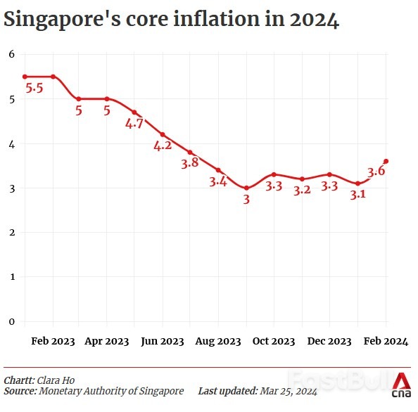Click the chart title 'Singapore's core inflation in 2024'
pyautogui.click(x=172, y=20)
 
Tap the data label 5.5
pyautogui.click(x=34, y=89)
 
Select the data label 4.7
pyautogui.click(x=134, y=124)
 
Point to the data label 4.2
pyautogui.click(x=163, y=146)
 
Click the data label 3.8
pyautogui.click(x=190, y=164)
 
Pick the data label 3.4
pyautogui.click(x=218, y=182)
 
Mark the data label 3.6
pyautogui.click(x=376, y=171)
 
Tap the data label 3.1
pyautogui.click(x=357, y=195)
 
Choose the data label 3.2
pyautogui.click(x=302, y=190)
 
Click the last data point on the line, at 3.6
pyautogui.click(x=386, y=161)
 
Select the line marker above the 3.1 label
pyautogui.click(x=357, y=184)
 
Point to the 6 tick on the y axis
pyautogui.click(x=11, y=54)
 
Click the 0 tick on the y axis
pyautogui.click(x=11, y=321)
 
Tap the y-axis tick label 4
pyautogui.click(x=11, y=143)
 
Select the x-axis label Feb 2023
pyautogui.click(x=53, y=341)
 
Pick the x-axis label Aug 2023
pyautogui.click(x=218, y=341)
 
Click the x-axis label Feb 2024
pyautogui.click(x=386, y=341)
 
